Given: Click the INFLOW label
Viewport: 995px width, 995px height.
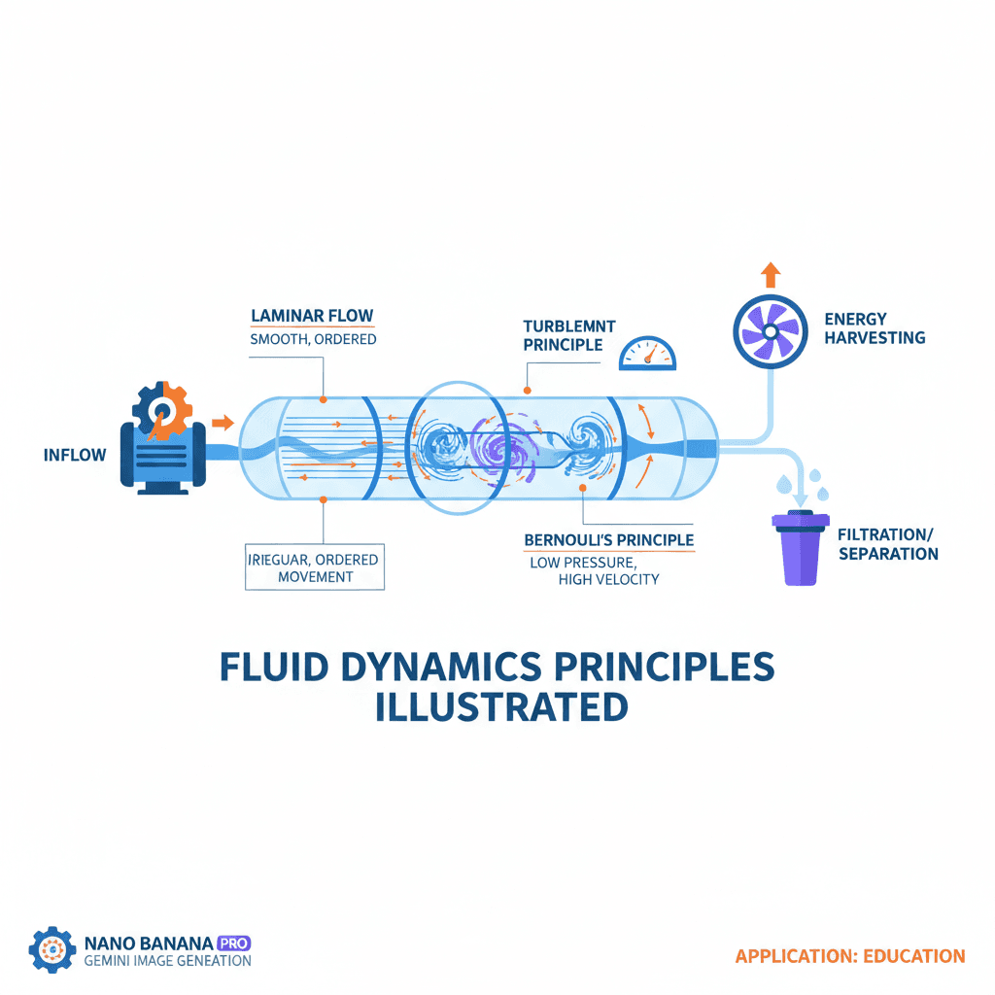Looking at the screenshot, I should [x=75, y=454].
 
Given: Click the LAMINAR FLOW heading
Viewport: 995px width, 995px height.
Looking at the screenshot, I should [x=312, y=316].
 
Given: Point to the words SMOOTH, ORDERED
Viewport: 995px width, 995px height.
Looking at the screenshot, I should [x=312, y=340].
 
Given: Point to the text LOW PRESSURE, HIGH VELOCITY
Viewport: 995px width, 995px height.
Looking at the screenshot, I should [x=595, y=570].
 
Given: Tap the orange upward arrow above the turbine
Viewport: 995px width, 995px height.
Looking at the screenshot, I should [x=771, y=274].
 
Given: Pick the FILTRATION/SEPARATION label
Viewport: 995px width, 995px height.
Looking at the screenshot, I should [x=888, y=544].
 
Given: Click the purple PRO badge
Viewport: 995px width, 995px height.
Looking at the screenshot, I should [x=234, y=942].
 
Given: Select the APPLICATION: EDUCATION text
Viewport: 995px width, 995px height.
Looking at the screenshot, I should [x=849, y=956].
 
